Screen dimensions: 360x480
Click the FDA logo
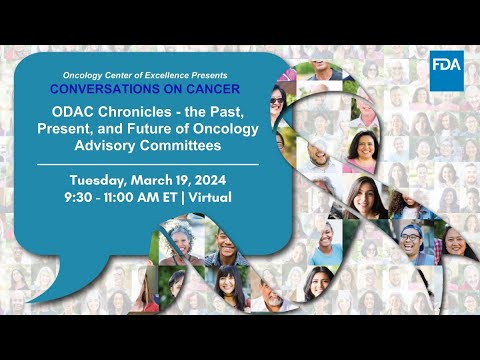[x=446, y=65]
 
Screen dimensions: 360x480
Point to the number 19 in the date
[x=174, y=180]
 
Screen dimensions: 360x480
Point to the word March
[x=146, y=180]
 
